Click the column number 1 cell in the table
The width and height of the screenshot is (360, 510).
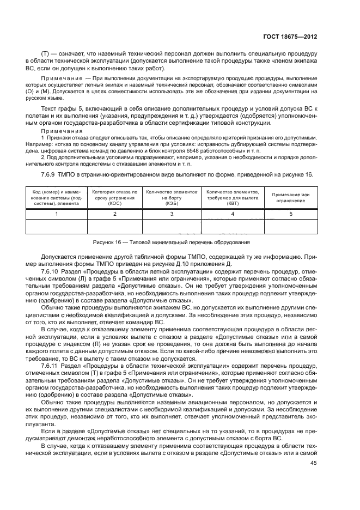(x=48, y=214)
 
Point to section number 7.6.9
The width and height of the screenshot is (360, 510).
(x=50, y=174)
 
